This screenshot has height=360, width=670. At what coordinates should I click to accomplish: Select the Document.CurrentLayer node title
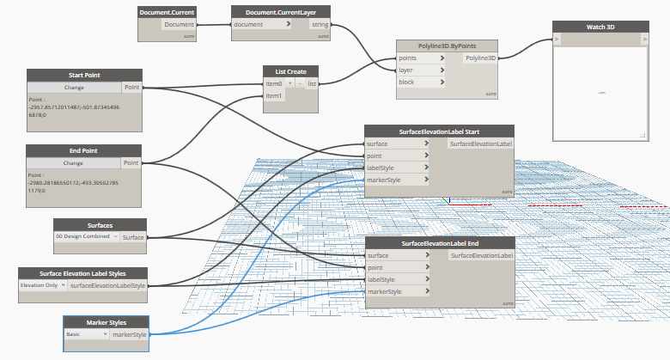tap(282, 13)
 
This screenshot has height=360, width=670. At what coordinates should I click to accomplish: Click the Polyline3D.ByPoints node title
tap(448, 46)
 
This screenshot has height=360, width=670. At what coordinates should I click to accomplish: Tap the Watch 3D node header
tap(600, 27)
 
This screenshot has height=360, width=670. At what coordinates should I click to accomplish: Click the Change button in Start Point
tap(73, 88)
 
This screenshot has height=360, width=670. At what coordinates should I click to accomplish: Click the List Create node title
tap(291, 71)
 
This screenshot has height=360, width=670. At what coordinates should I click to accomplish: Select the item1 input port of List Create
tap(273, 96)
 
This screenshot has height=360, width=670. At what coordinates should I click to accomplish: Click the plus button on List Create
tap(289, 83)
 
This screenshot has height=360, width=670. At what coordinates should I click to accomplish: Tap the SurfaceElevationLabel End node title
tap(439, 243)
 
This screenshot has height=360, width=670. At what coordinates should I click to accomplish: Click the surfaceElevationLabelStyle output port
tap(108, 284)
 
